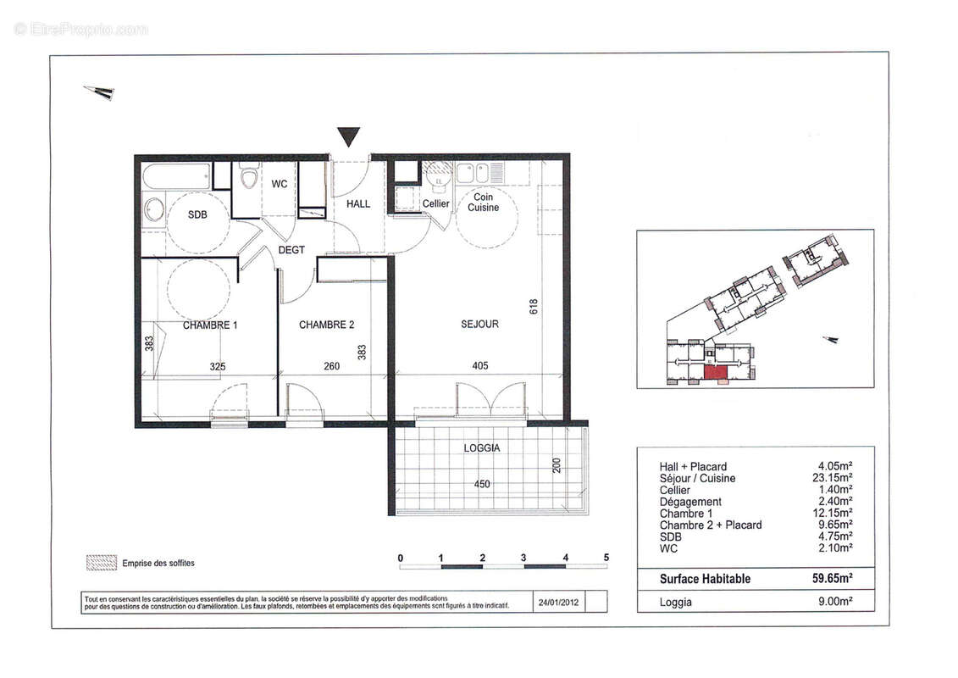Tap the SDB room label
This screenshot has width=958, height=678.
pos(197,214)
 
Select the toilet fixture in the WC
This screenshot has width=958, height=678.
pos(249,179)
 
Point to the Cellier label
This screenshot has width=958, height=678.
pos(436,204)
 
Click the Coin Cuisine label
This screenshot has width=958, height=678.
pos(485,202)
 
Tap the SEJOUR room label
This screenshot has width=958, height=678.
pos(479,324)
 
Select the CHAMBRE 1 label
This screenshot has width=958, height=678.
pos(210,325)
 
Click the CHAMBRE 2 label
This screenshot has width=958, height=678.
pos(326,325)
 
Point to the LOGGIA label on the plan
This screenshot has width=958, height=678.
pos(481,447)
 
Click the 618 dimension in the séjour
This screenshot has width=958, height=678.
pos(534,306)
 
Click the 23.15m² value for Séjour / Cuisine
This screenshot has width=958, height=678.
pos(833,478)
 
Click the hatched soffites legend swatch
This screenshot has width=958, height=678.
pos(101,562)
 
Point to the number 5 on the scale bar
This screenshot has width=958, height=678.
pos(606,558)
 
